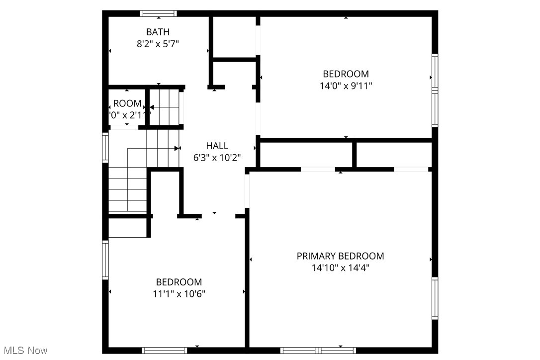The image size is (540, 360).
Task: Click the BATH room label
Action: [158, 32]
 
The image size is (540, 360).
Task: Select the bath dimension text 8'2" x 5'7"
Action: [158, 44]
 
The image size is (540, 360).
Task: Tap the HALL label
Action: [217, 146]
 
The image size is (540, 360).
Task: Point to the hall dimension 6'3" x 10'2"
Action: [217, 158]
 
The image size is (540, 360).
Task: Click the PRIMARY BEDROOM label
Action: [340, 256]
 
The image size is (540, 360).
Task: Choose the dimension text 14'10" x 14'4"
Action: [340, 268]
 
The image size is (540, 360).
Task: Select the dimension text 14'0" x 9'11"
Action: [346, 86]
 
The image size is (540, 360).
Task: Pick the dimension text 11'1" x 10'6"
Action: [179, 293]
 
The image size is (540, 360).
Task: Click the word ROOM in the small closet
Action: [127, 104]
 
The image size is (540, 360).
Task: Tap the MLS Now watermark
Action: [24, 351]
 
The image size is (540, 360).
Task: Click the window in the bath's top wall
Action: [159, 13]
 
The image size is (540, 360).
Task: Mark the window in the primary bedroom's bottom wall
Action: [318, 350]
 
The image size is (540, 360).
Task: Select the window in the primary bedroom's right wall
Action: [435, 298]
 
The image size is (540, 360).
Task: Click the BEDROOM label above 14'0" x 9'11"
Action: [346, 74]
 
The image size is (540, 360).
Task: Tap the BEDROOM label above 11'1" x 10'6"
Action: [179, 282]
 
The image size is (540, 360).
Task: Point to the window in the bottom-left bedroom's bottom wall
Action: [164, 350]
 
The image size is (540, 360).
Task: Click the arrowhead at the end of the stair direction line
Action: [177, 148]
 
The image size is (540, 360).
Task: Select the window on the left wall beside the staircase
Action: [105, 147]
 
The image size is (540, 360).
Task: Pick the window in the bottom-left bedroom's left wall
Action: [105, 260]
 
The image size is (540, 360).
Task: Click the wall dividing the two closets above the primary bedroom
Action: [355, 155]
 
